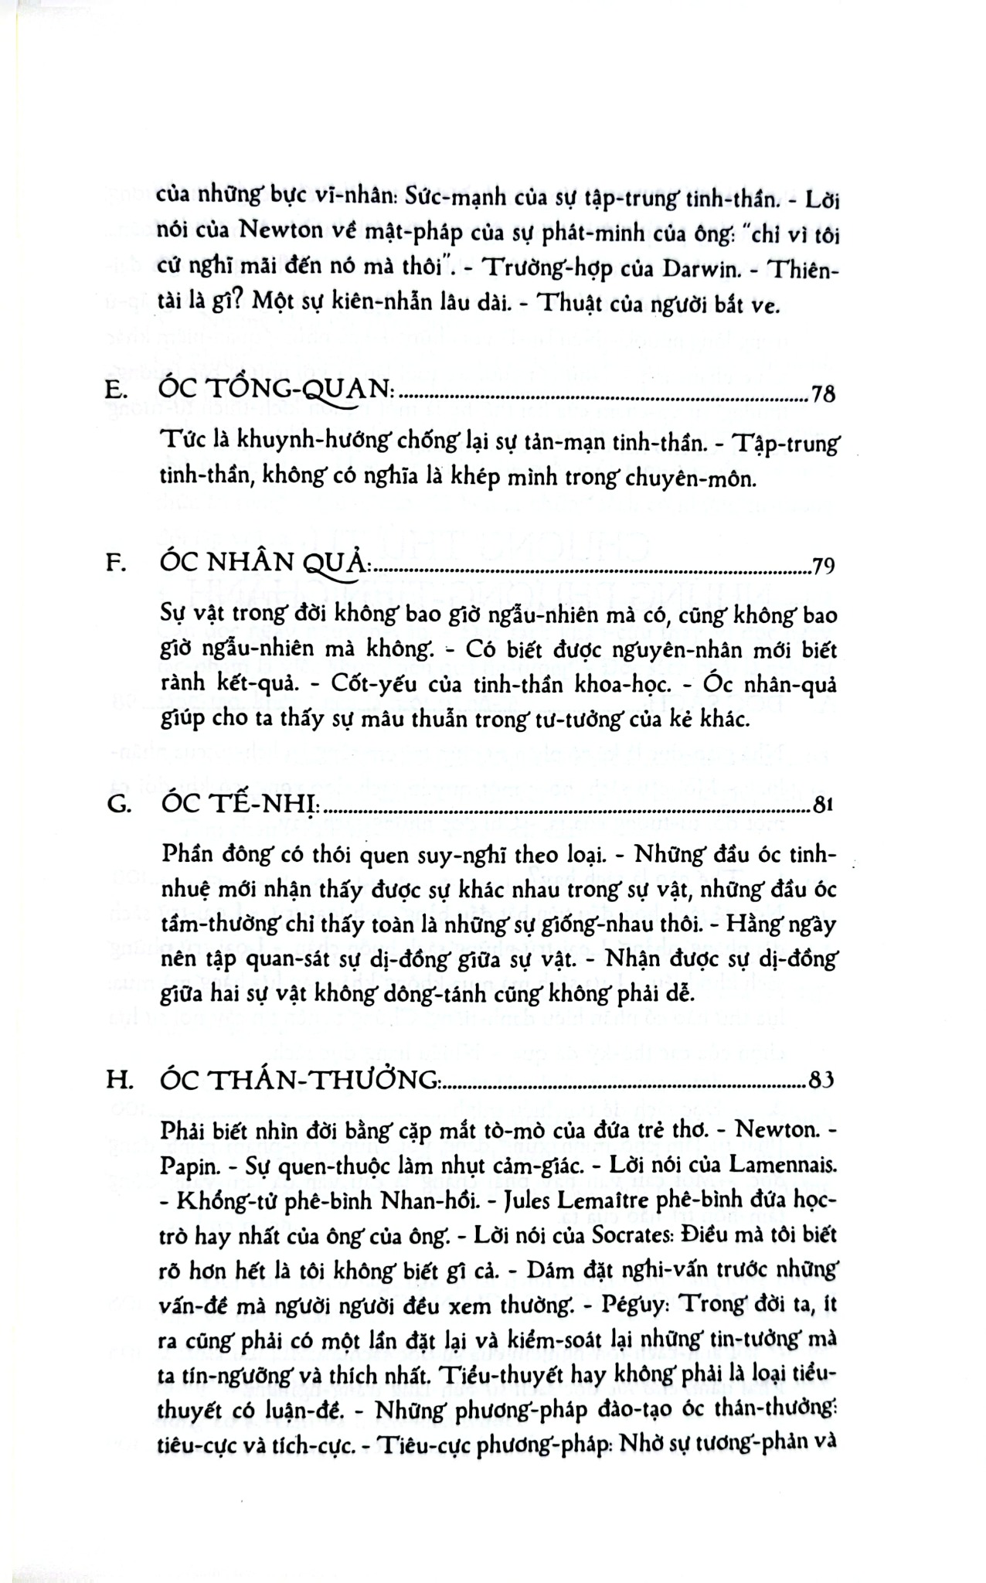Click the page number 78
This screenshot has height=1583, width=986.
point(824,397)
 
